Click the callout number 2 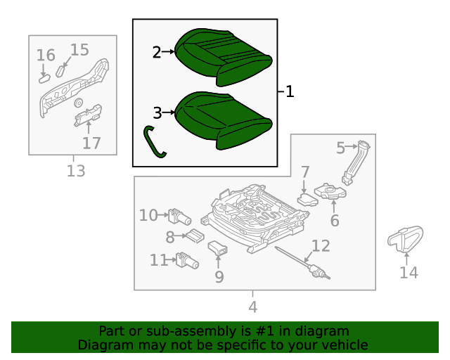click(x=157, y=53)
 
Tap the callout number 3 click(x=157, y=112)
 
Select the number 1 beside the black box click(x=290, y=91)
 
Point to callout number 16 click(x=46, y=55)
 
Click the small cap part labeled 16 click(x=45, y=78)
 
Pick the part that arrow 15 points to click(x=60, y=71)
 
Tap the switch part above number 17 click(x=88, y=115)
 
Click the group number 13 click(x=76, y=171)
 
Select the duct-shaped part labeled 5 click(x=356, y=162)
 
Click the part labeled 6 click(x=330, y=191)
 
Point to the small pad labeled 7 click(x=308, y=200)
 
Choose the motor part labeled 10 click(x=180, y=217)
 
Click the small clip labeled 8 click(x=195, y=236)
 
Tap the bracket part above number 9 click(x=217, y=248)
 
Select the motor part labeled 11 click(x=188, y=260)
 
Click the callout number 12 click(x=321, y=246)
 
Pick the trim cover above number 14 click(x=405, y=239)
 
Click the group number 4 click(x=253, y=307)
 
